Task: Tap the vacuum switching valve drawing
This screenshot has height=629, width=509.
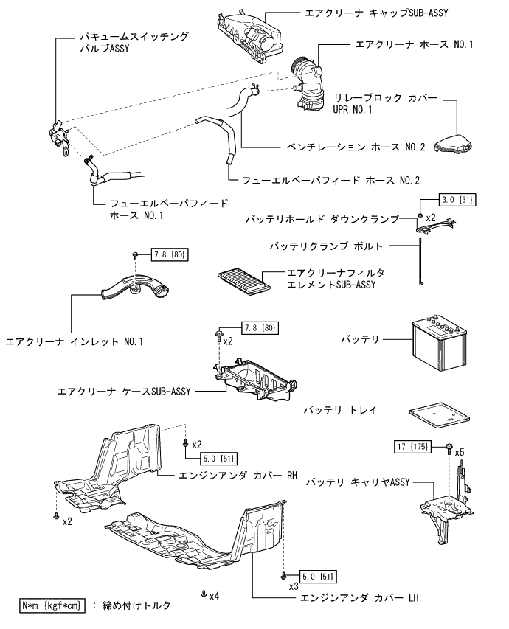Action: [57, 136]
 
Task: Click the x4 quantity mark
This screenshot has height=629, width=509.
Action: [215, 596]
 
